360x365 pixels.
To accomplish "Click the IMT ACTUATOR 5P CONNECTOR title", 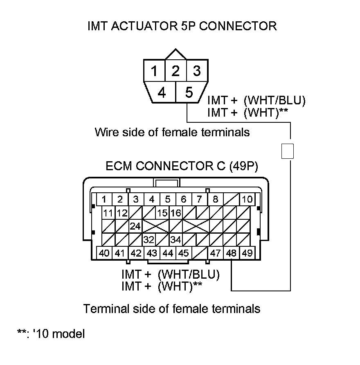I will (x=182, y=26).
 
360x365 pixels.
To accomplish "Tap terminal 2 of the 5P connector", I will (x=175, y=71).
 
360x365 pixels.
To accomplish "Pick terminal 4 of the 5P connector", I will (x=162, y=93).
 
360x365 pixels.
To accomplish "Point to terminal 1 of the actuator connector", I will (x=154, y=72).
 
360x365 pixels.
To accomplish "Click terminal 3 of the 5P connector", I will (x=197, y=71).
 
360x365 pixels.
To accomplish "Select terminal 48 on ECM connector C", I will (x=232, y=253).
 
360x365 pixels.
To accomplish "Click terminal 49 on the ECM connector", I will (x=247, y=253).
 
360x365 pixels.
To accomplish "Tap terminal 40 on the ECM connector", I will (x=104, y=253).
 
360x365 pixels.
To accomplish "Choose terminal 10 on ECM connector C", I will (x=247, y=200).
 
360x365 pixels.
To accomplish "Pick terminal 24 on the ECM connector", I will (x=135, y=226).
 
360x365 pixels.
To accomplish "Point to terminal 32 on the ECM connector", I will (x=150, y=239).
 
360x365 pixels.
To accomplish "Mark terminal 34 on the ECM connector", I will (x=175, y=239).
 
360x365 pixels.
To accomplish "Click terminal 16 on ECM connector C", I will (x=175, y=213).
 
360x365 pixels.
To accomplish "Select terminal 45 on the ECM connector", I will (x=184, y=253).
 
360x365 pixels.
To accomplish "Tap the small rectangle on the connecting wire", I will (x=288, y=151).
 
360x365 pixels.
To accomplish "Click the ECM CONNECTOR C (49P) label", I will (x=182, y=166).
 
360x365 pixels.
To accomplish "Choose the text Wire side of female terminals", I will (x=172, y=132).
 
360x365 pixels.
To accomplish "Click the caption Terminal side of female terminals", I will (x=172, y=308).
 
